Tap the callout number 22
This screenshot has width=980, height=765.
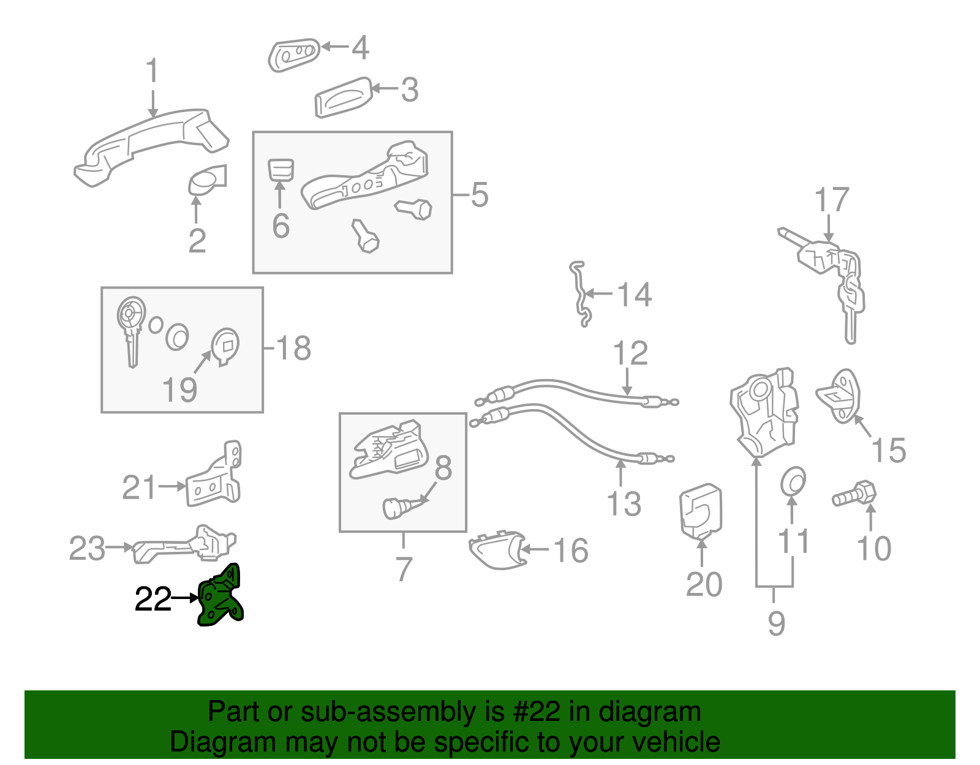pos(153,599)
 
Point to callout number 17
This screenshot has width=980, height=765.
pos(832,201)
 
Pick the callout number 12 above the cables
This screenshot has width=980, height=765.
pos(630,353)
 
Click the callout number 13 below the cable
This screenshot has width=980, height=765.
pos(624,504)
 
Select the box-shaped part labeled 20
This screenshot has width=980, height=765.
pos(701,511)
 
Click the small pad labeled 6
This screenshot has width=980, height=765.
pos(281,169)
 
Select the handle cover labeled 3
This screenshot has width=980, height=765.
pos(343,97)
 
